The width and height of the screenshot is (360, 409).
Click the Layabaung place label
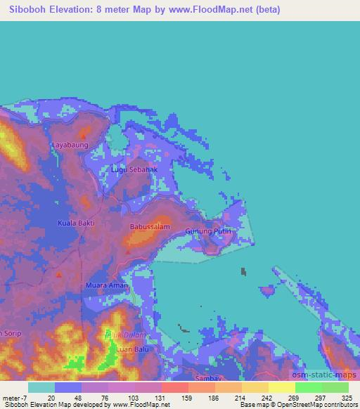click(x=70, y=145)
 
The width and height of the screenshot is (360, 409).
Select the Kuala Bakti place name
click(x=75, y=223)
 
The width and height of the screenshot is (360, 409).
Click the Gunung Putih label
click(x=207, y=231)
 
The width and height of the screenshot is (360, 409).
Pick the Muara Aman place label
click(x=107, y=285)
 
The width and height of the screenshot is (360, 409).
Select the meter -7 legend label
click(x=14, y=397)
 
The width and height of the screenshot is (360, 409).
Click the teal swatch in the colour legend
click(x=41, y=387)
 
